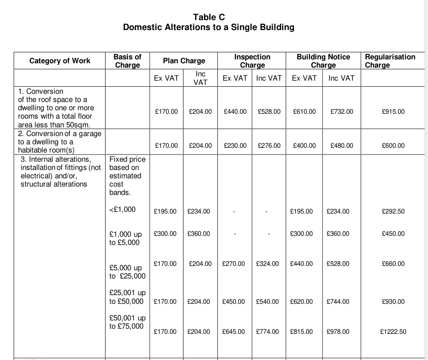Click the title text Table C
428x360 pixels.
pos(209,17)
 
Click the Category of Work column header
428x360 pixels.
pos(60,61)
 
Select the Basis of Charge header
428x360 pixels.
pos(127,61)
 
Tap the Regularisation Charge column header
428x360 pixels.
pos(390,61)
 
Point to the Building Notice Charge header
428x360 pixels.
pos(323,61)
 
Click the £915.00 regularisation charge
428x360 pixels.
pos(393,112)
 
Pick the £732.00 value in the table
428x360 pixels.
pos(341,112)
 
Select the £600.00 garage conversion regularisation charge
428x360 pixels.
pos(393,145)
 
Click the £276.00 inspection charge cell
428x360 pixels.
pos(269,145)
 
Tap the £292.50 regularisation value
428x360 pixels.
pos(393,211)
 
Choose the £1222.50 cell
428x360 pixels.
pos(393,332)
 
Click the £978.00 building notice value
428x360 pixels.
pos(338,332)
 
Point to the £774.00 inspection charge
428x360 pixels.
pos(267,332)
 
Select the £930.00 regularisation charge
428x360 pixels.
pos(393,301)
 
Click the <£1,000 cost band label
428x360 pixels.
pos(123,210)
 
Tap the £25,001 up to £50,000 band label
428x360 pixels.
pos(127,297)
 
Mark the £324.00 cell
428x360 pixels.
pos(267,264)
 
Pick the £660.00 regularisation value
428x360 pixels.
pos(393,264)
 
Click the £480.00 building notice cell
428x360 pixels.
pos(341,145)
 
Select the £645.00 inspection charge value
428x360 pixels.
pos(233,332)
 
